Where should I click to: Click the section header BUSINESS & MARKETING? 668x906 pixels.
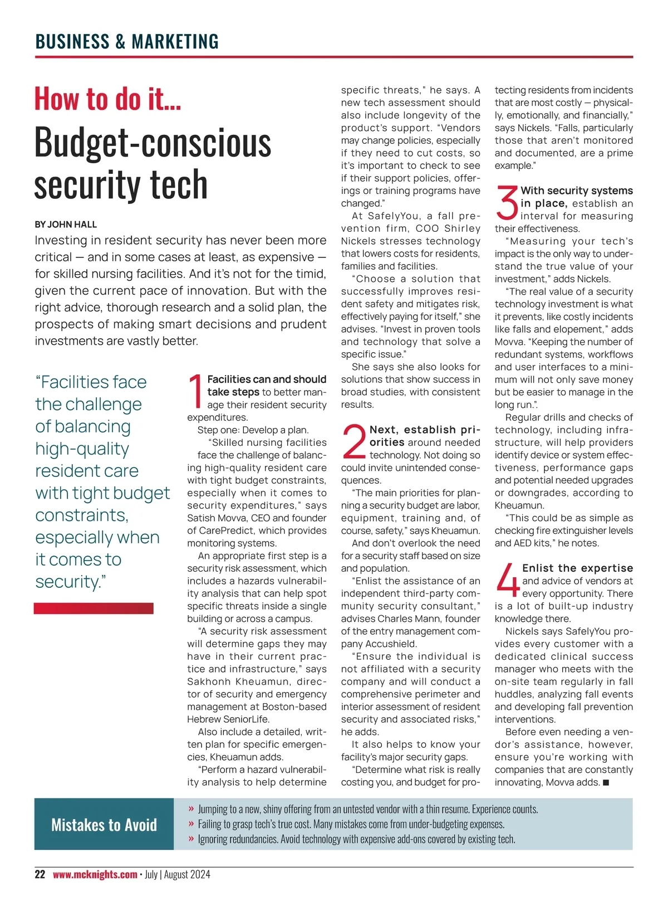(127, 42)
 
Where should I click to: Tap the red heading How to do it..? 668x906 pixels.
(107, 99)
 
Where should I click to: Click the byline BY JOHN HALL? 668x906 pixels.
(66, 225)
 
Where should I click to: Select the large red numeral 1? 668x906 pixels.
(196, 391)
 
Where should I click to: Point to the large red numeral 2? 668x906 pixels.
(354, 442)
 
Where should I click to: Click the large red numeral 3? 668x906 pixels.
(507, 203)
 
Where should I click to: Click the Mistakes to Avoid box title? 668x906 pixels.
(104, 825)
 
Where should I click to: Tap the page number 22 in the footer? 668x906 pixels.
(40, 874)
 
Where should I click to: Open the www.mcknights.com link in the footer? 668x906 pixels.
(95, 874)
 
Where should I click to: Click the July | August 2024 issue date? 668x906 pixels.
(178, 874)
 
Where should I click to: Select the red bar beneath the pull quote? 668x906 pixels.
(94, 608)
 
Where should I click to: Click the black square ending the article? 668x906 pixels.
(606, 783)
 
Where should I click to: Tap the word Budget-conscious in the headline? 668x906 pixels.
(153, 143)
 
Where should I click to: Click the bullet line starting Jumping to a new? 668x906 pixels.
(367, 809)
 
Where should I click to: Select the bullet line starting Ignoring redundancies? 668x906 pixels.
(356, 839)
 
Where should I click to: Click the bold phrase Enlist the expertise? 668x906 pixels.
(577, 568)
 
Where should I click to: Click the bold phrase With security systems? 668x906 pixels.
(577, 191)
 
